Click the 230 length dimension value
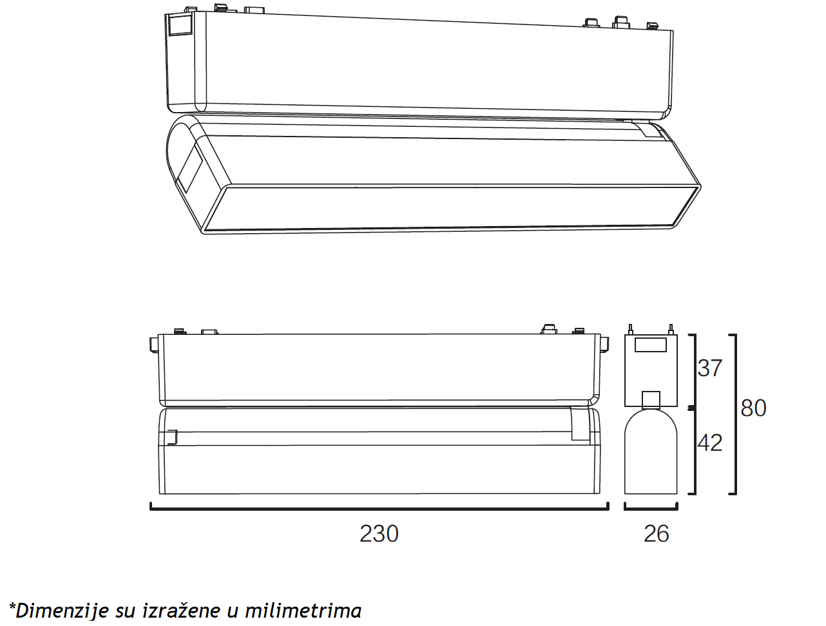pos(379,534)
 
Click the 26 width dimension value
pos(657,534)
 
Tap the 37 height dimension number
pos(710,368)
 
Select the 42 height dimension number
pos(710,443)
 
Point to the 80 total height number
pos(753,408)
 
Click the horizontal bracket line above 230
pos(379,509)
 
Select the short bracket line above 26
pos(651,509)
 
